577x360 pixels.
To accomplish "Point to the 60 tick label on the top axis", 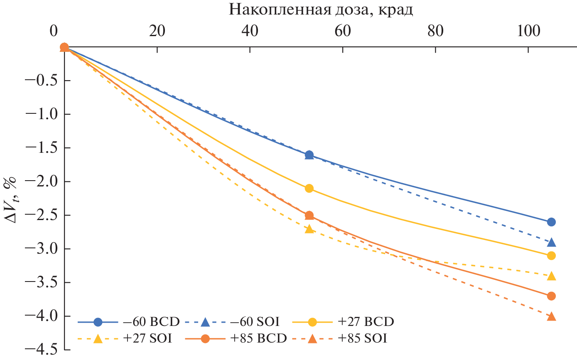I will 343,32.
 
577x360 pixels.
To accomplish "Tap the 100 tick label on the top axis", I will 528,32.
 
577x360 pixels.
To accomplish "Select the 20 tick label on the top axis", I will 157,32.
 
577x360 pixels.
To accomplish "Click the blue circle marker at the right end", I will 551,222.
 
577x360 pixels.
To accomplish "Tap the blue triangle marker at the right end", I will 551,242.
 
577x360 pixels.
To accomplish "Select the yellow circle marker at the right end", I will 551,255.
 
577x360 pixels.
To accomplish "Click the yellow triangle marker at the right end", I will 551,276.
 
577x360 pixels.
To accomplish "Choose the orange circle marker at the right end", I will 551,296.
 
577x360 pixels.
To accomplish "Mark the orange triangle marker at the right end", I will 551,316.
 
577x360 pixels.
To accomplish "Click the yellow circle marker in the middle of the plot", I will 309,188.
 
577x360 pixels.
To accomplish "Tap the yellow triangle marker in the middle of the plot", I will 309,229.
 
